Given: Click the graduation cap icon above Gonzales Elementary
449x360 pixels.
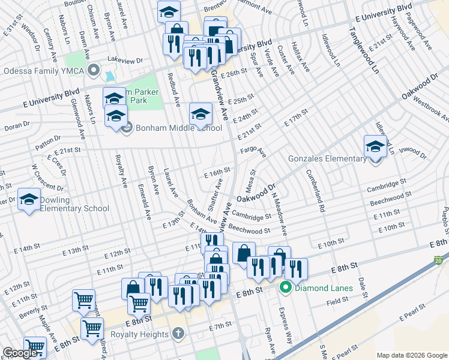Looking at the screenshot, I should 375,146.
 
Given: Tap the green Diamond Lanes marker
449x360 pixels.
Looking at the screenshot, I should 286,288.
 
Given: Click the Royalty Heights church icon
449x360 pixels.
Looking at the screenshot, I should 178,333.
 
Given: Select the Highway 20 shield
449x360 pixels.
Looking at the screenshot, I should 438,261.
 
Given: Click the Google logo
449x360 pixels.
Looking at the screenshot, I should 21,353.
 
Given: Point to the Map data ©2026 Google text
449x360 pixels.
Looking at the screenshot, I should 412,355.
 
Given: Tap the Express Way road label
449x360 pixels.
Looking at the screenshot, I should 284,325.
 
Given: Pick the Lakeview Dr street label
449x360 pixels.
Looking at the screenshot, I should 125,61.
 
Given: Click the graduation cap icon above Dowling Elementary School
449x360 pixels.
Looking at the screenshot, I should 29,200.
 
